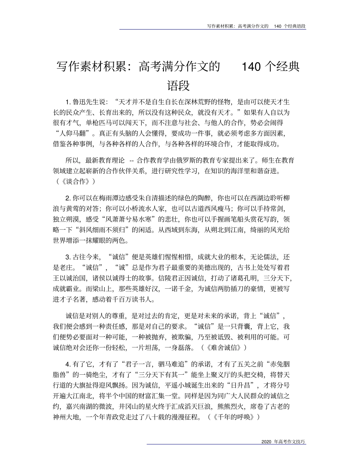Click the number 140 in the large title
251,67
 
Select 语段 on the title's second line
178,85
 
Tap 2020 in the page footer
267,453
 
